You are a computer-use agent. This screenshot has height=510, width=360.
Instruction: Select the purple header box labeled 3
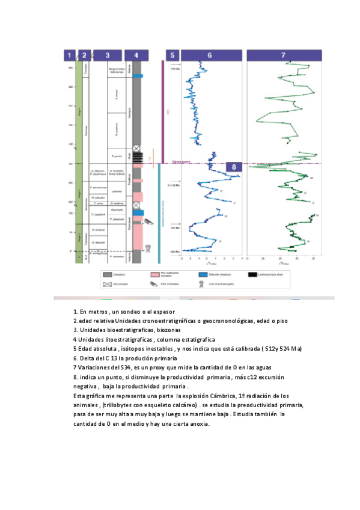click(x=108, y=55)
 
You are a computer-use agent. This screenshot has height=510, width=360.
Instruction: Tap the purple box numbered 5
click(x=172, y=55)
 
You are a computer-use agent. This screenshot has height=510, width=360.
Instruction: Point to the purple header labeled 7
click(x=283, y=55)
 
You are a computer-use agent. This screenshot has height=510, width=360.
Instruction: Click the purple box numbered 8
click(x=234, y=167)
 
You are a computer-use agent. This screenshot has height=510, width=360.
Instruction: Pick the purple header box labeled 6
click(x=210, y=55)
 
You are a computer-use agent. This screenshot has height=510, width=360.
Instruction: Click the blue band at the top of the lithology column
click(x=138, y=75)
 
